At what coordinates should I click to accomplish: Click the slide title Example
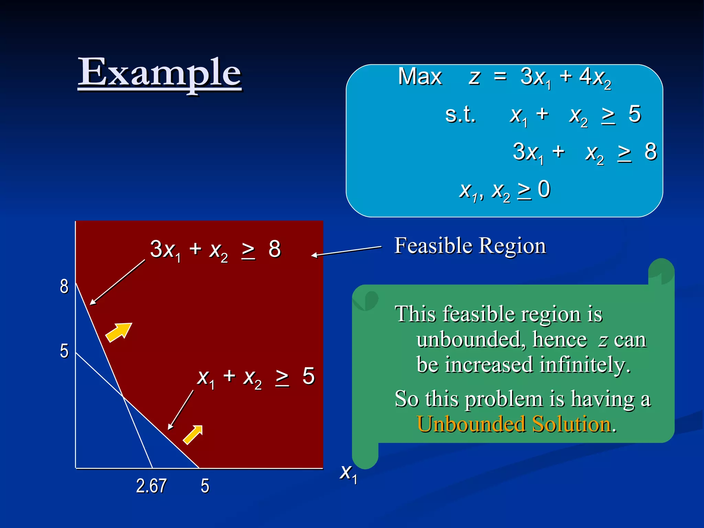[x=160, y=73]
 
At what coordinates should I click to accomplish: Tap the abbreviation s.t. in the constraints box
[x=460, y=114]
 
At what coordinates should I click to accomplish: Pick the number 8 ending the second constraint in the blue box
[x=650, y=152]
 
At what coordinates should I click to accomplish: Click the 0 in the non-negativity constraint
[x=544, y=189]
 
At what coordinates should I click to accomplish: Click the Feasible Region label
[x=470, y=246]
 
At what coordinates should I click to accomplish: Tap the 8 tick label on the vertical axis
[x=64, y=286]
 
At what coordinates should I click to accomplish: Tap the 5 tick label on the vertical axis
[x=64, y=351]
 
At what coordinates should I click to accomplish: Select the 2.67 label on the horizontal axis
[x=151, y=486]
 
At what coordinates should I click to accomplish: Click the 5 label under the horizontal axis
[x=205, y=486]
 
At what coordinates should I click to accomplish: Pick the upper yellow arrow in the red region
[x=119, y=332]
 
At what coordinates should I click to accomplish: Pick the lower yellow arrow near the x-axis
[x=193, y=434]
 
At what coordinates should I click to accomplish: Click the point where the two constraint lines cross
[x=123, y=397]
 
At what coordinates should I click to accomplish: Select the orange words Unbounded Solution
[x=514, y=424]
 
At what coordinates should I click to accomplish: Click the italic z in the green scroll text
[x=603, y=340]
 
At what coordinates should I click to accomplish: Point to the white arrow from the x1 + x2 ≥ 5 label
[x=180, y=410]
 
